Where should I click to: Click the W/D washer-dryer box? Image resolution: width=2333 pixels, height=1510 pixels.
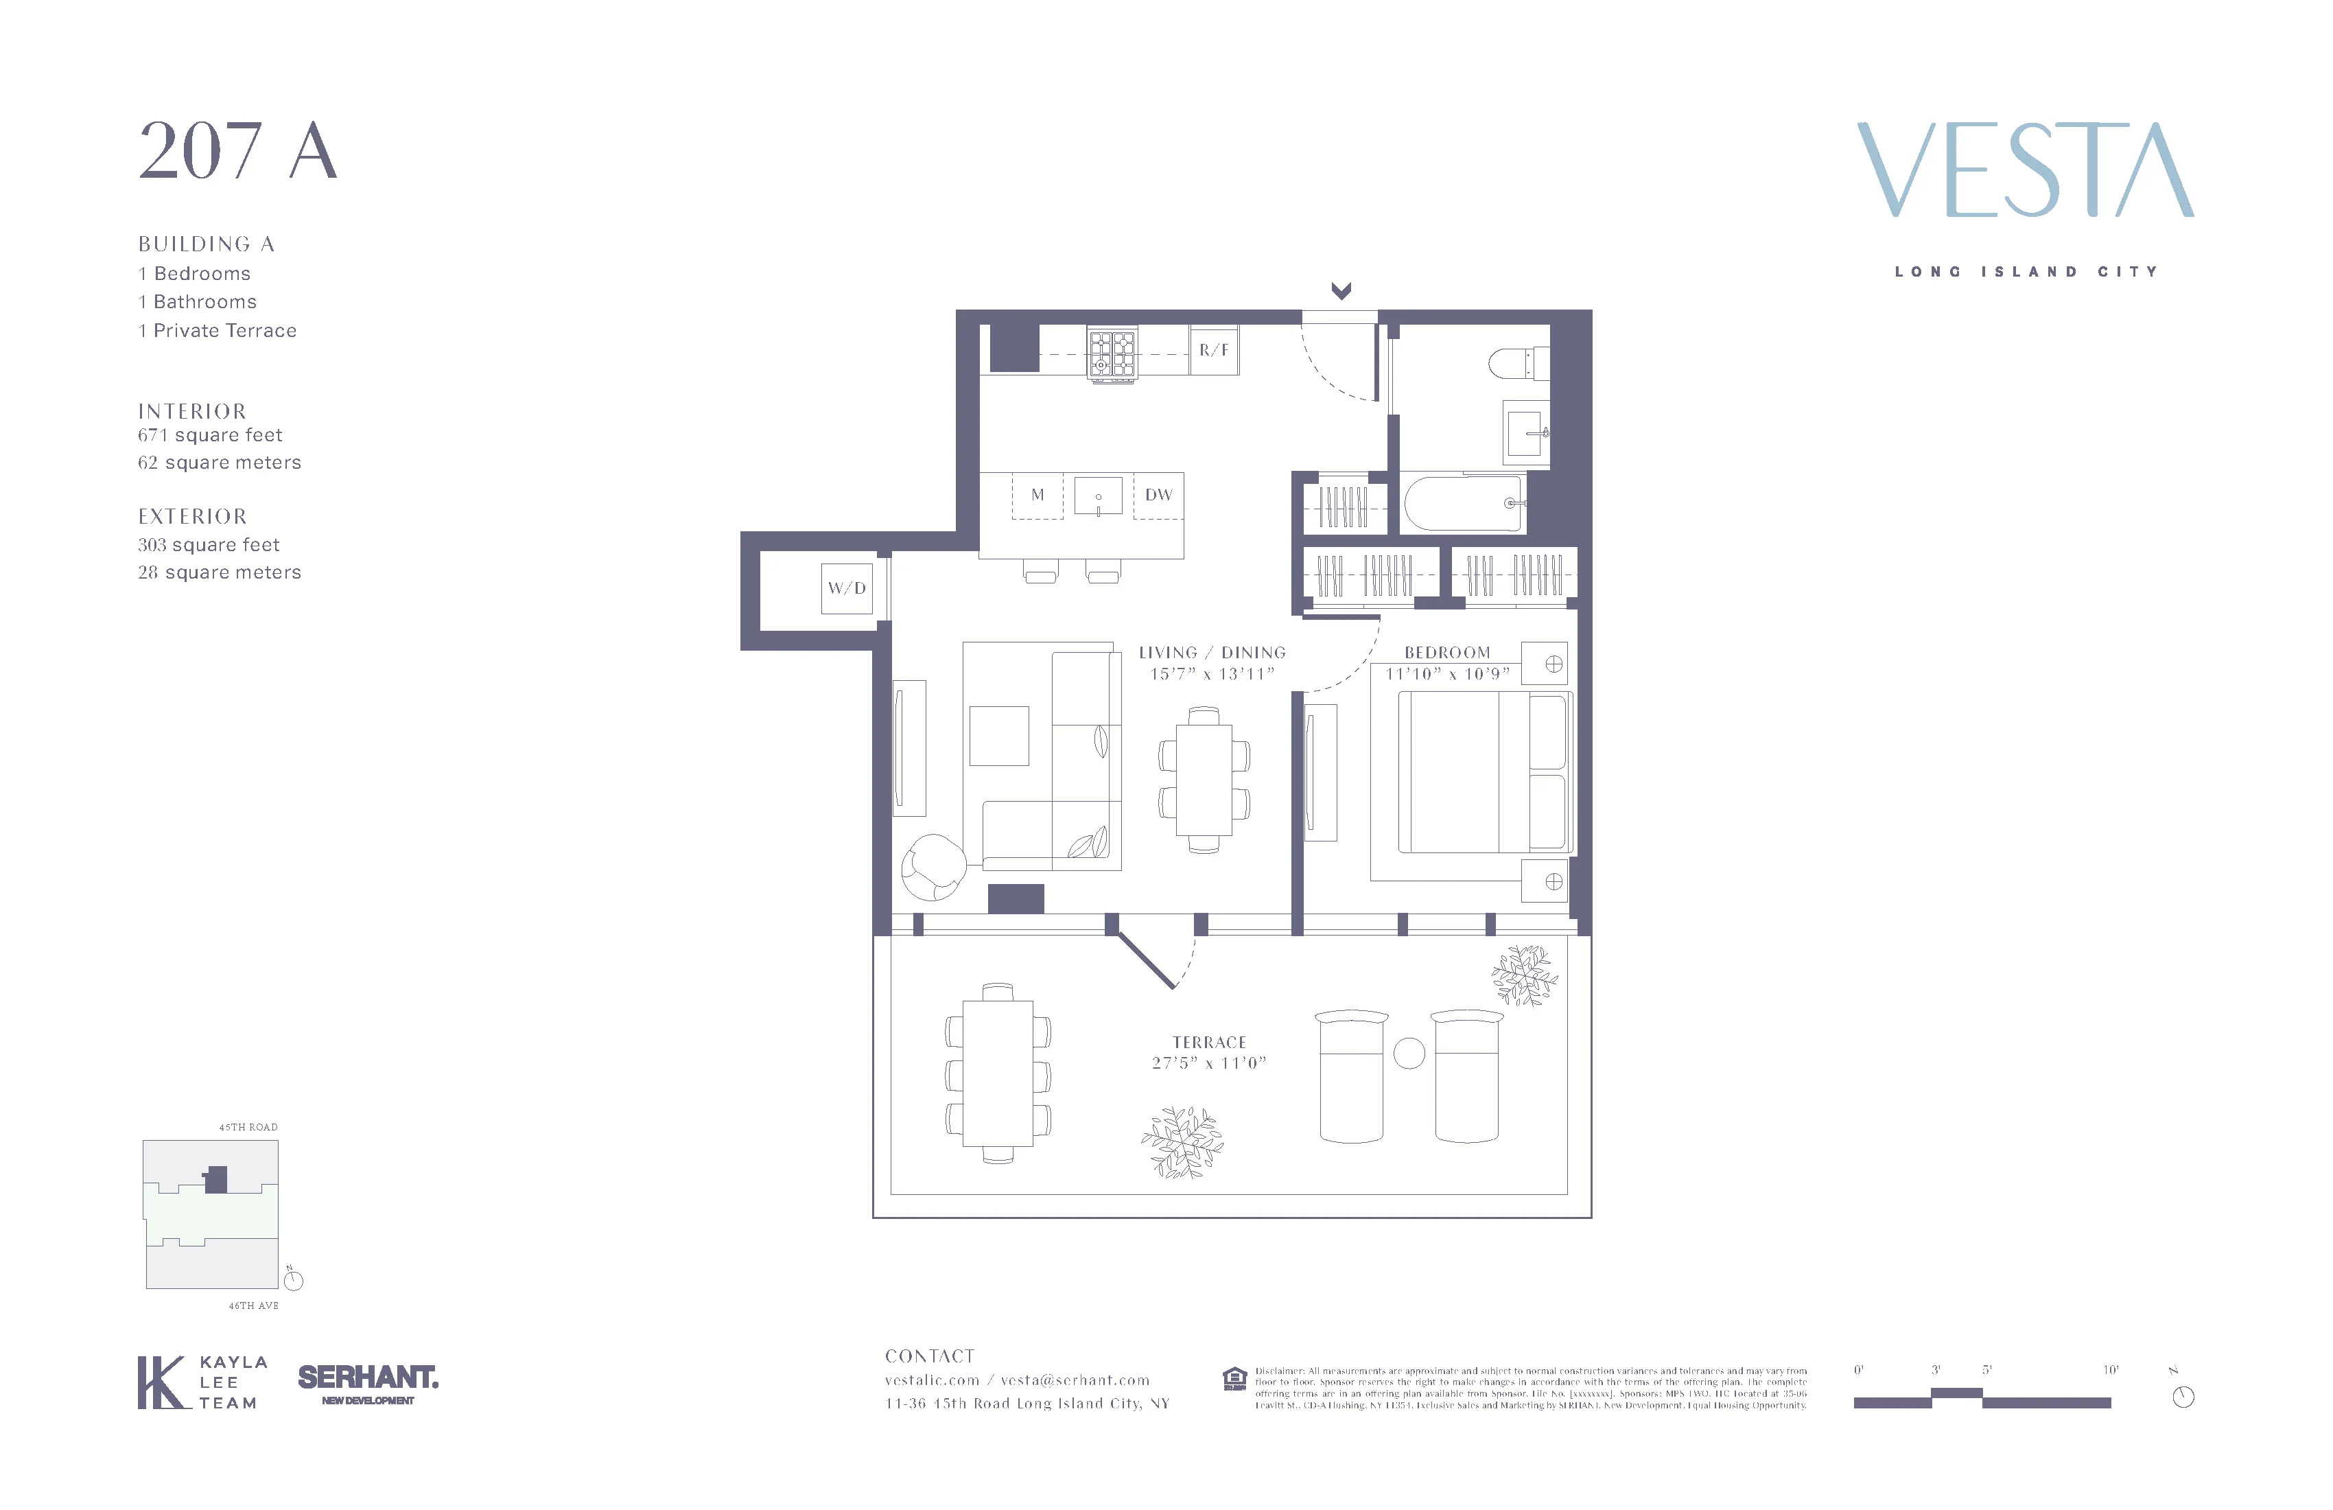coord(847,588)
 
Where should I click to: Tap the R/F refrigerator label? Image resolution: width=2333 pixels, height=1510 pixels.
coord(1214,350)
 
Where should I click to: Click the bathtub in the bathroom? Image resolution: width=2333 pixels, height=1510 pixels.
coord(1462,504)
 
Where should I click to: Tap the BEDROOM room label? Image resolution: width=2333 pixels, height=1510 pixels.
coord(1447,652)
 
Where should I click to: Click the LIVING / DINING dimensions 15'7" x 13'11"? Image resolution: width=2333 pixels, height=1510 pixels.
coord(1212,673)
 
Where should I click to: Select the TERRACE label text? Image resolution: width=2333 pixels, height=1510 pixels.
coord(1208,1043)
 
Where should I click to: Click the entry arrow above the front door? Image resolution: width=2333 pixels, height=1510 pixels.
coord(1341,290)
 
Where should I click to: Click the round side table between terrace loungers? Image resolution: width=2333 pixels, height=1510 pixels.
coord(1409,1053)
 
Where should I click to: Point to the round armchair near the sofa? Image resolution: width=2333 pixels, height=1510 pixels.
coord(933,867)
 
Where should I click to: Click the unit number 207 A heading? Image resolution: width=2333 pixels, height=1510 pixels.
coord(238,151)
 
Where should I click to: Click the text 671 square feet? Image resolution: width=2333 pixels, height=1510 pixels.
coord(210,434)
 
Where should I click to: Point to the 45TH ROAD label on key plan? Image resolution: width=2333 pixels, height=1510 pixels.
coord(248,1126)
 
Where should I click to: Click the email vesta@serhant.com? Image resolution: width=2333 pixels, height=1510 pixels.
coord(1075,1380)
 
